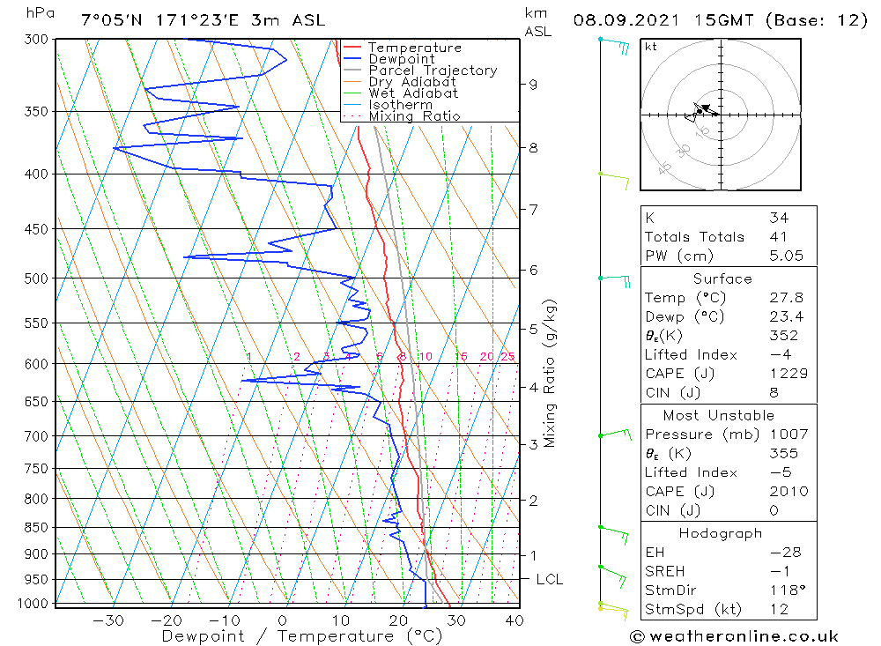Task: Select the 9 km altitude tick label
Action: pos(533,85)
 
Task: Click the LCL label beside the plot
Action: pos(549,579)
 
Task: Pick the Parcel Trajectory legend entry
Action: pos(433,71)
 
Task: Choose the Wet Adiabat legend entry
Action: pos(413,93)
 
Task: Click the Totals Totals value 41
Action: pos(778,236)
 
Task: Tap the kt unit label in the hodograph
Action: pos(651,47)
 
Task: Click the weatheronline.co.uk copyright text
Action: pos(734,636)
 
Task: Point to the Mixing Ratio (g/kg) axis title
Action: pos(552,374)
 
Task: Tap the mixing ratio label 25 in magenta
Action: pos(507,356)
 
